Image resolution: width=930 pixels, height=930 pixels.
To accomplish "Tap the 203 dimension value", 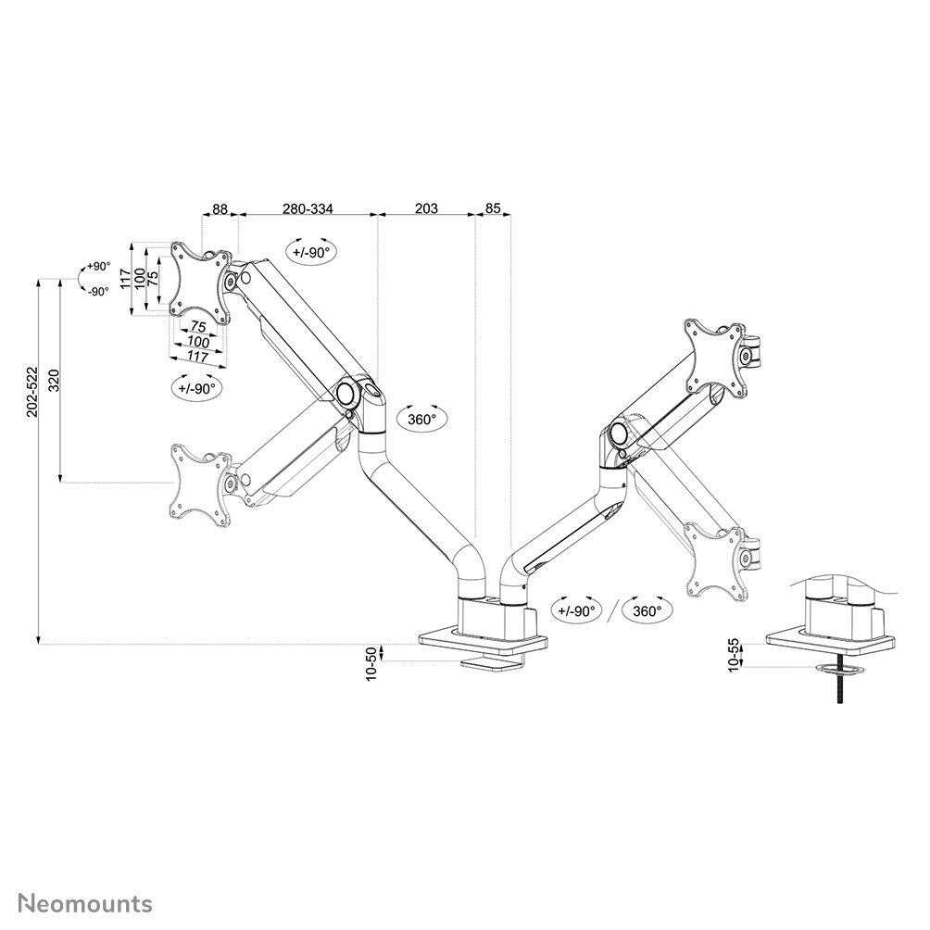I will pos(426,209).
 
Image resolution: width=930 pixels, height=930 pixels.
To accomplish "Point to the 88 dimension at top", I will pos(220,209).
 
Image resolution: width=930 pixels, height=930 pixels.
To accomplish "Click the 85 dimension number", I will pos(493,209).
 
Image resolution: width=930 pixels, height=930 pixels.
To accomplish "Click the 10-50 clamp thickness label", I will pos(372,663).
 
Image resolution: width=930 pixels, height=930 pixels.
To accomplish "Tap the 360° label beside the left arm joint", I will pos(421,419).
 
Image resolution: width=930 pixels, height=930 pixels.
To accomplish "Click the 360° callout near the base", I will pos(647,610).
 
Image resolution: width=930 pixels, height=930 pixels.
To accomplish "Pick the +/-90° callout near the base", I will pos(576,610).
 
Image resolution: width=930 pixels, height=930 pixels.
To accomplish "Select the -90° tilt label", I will pos(97,290).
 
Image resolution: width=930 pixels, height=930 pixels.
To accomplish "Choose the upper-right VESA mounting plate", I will pos(713,358).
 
